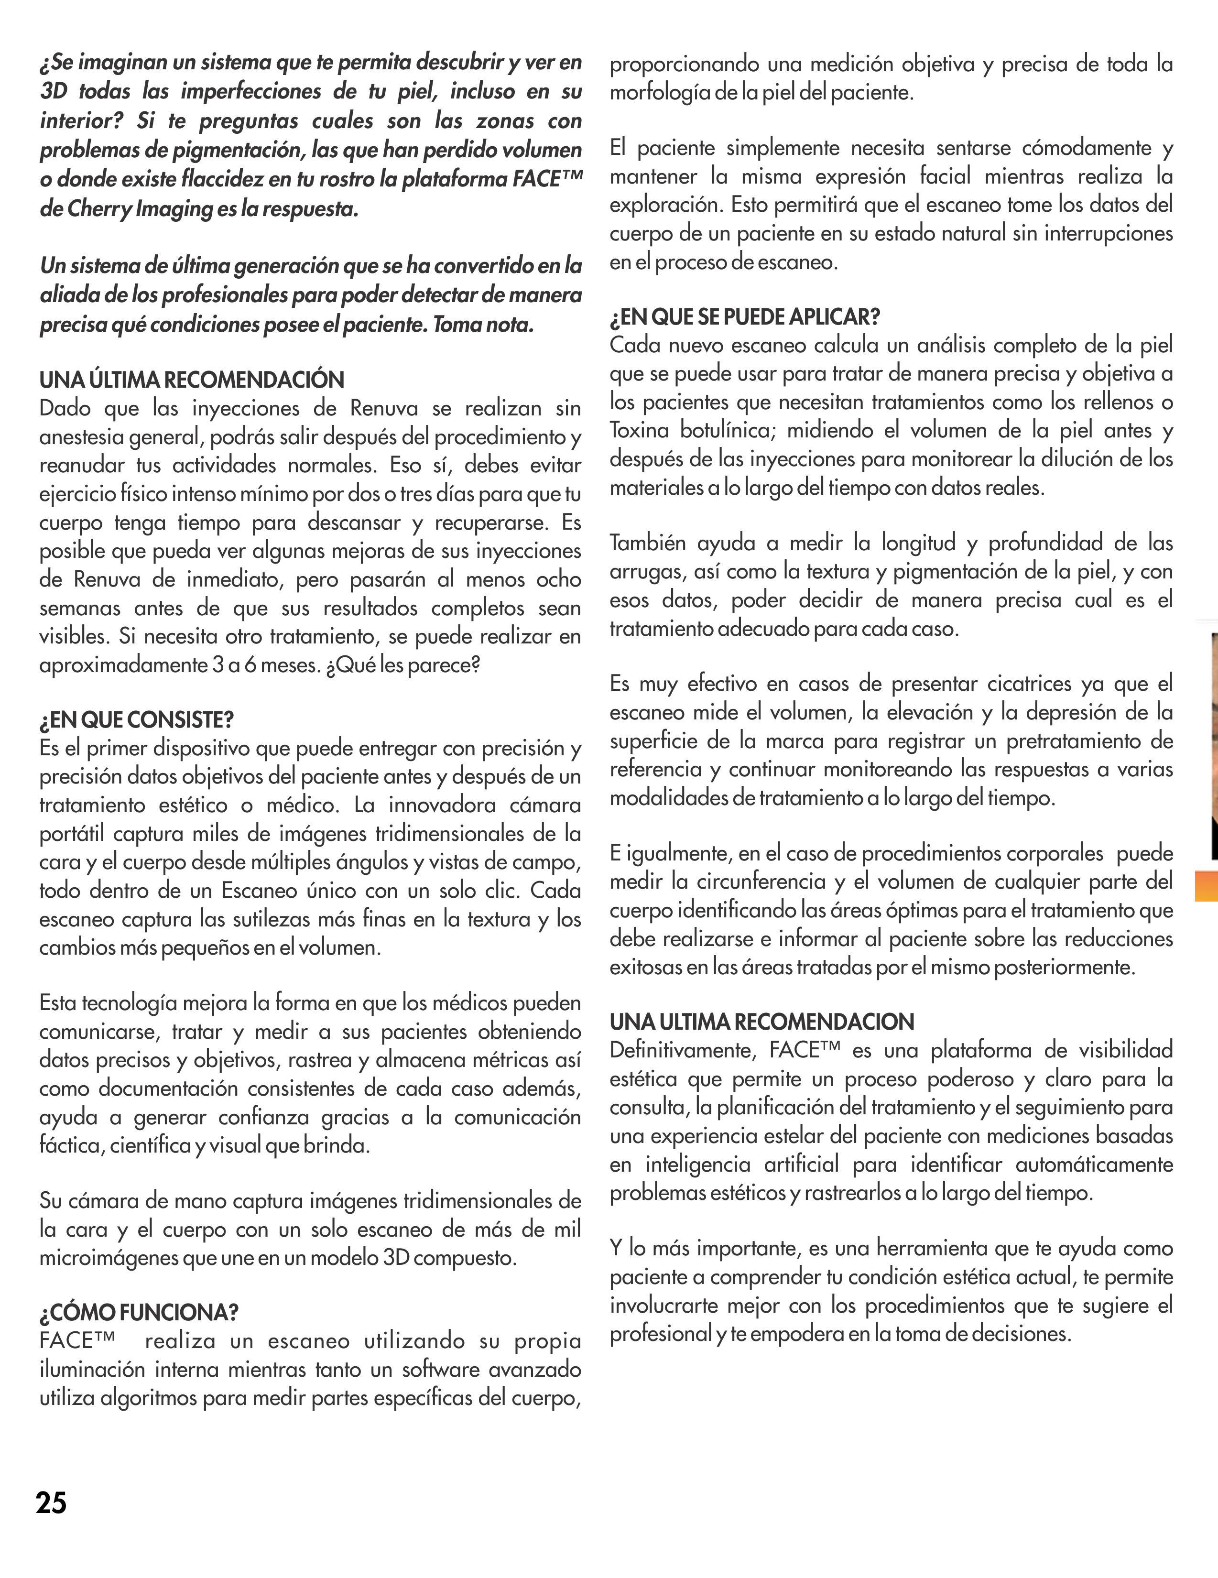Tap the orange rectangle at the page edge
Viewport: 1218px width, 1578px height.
(1207, 886)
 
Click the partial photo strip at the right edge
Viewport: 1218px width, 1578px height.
(1214, 744)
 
